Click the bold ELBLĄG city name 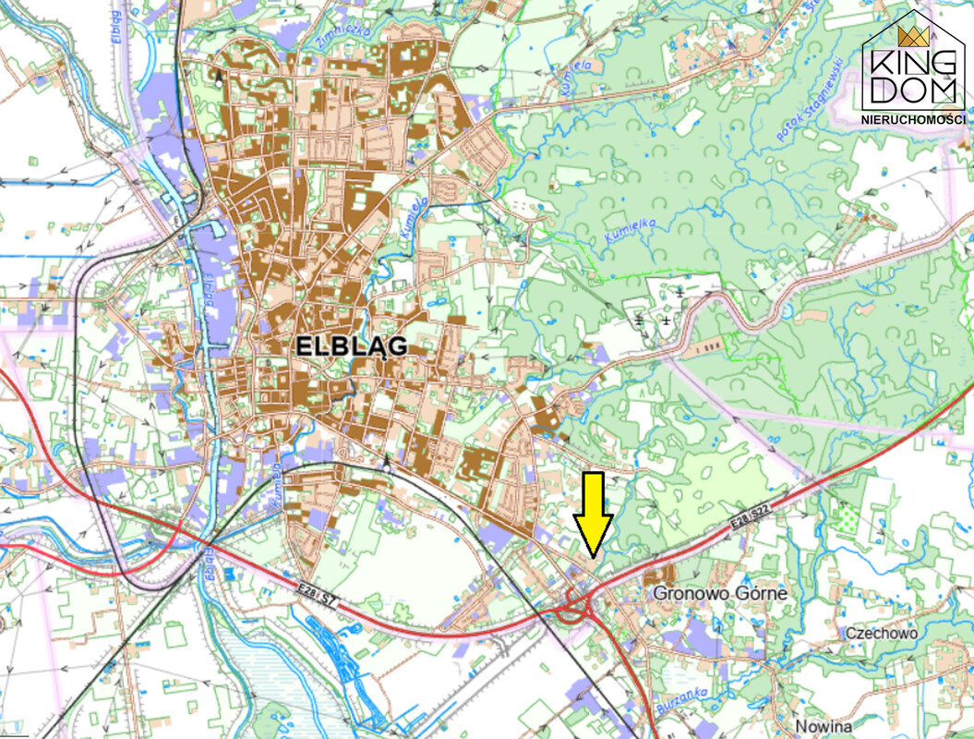coord(352,346)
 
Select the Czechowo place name coord(882,633)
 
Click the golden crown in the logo coord(913,37)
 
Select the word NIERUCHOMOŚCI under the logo coord(912,120)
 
